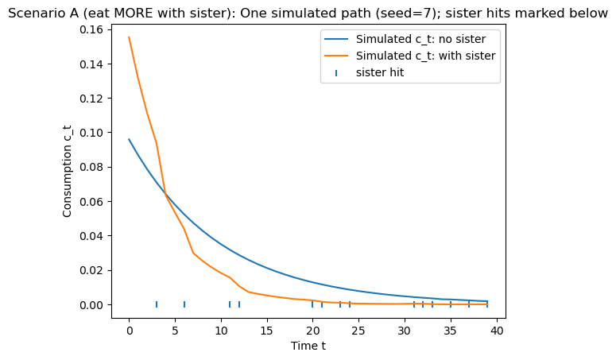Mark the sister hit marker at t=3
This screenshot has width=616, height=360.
point(157,304)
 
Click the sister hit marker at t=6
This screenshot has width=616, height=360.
point(184,304)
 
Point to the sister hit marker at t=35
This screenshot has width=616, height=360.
point(451,304)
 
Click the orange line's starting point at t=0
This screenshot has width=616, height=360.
point(129,37)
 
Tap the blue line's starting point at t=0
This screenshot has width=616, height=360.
point(129,139)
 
